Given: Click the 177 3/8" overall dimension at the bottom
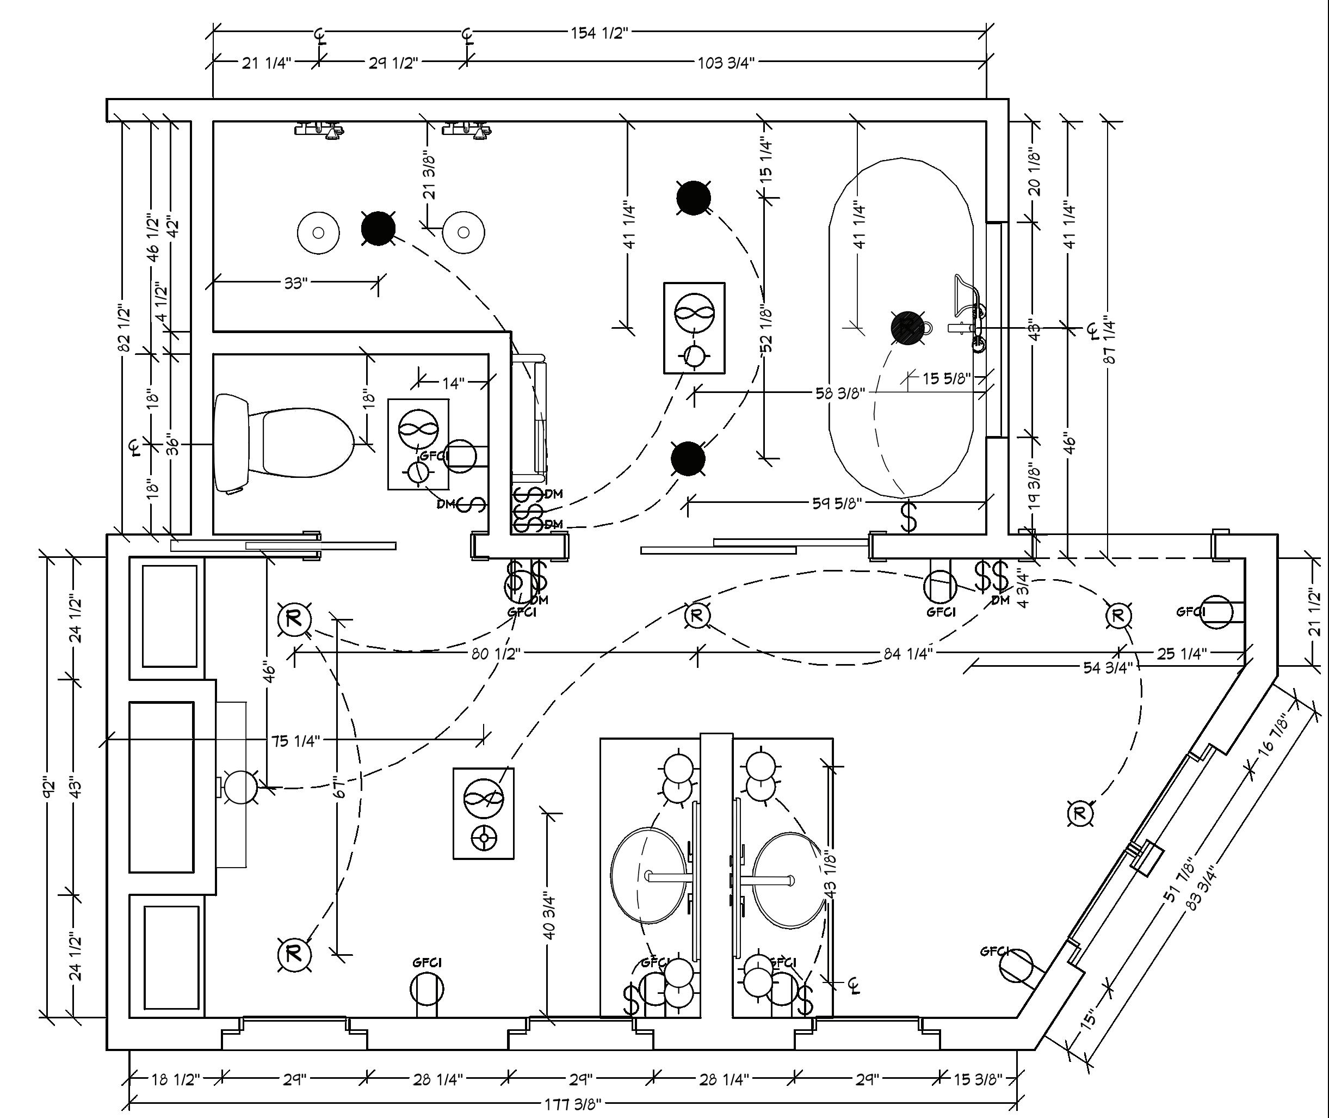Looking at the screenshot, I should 572,1103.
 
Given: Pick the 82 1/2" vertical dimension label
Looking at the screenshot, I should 125,328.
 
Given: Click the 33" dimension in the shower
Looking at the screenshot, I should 295,282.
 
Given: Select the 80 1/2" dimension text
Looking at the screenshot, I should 496,653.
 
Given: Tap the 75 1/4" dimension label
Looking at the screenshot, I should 296,740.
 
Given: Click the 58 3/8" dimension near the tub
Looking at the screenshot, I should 839,394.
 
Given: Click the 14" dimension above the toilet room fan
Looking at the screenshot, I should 454,383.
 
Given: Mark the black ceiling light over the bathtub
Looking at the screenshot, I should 907,328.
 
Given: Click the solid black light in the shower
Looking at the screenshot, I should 378,228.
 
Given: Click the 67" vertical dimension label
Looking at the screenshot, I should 340,788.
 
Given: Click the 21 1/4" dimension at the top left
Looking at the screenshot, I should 266,63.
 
